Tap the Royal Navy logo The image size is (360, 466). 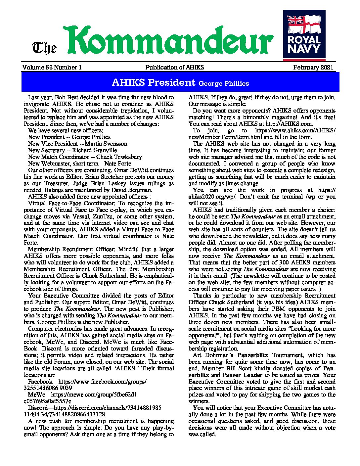pos(304,35)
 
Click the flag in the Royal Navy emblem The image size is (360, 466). pos(304,23)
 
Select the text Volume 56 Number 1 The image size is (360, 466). pos(52,68)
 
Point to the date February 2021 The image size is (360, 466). pos(313,68)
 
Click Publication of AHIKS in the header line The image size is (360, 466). pos(174,68)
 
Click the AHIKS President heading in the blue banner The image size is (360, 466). pos(154,82)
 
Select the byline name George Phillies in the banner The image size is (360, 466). pos(223,83)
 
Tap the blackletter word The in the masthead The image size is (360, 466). pos(44,48)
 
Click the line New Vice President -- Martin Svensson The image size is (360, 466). pos(77,144)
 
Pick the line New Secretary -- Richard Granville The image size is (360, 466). pos(72,150)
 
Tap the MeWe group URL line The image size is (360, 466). pos(82,395)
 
